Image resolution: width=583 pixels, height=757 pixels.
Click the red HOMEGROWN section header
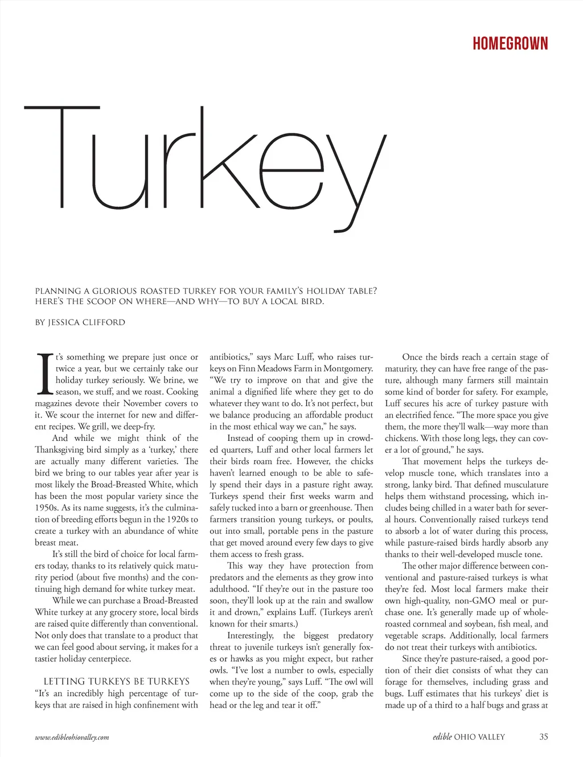tap(510, 44)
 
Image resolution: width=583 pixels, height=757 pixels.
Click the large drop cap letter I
tap(44, 374)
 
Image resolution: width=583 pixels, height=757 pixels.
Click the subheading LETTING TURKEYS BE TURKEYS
tap(117, 681)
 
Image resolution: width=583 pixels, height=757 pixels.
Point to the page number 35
tap(543, 736)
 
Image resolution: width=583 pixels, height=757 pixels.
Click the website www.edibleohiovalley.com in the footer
tap(72, 737)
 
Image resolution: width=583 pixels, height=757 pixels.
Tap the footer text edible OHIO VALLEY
tap(468, 736)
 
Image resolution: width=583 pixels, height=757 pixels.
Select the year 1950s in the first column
tap(47, 508)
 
